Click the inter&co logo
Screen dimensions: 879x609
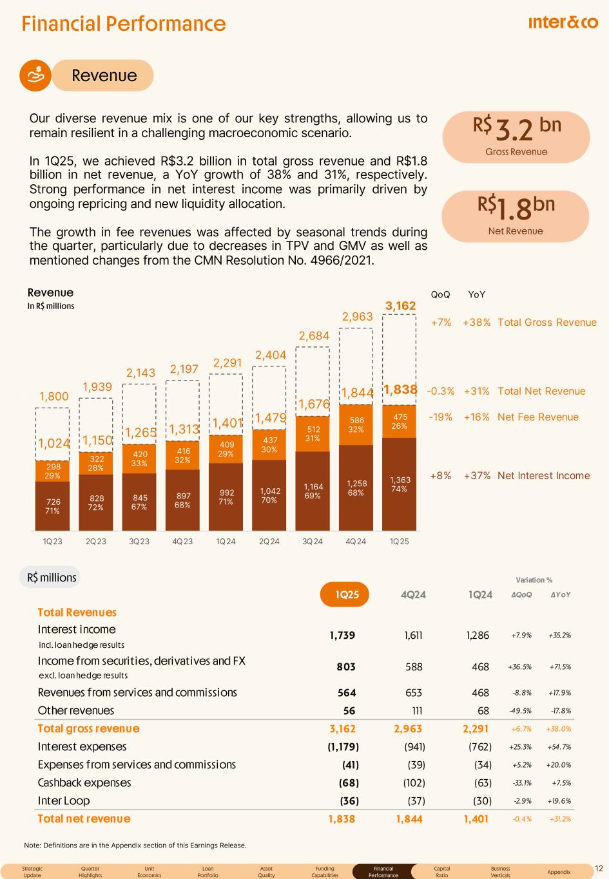point(563,23)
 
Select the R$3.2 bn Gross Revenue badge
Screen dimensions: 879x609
point(516,137)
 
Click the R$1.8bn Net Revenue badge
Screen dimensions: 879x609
point(516,216)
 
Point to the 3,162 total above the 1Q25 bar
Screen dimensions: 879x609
point(400,307)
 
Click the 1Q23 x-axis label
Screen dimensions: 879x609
point(52,542)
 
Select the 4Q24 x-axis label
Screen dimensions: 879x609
point(356,542)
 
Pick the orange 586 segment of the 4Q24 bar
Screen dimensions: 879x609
point(356,424)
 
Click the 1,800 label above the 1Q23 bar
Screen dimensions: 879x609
point(53,397)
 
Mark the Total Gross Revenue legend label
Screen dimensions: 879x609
point(547,323)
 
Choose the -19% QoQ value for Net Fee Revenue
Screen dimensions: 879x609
point(440,417)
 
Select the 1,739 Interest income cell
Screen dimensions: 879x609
point(342,636)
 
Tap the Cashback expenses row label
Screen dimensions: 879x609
point(84,783)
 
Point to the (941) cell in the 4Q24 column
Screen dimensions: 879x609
point(413,747)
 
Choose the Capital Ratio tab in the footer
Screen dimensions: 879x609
point(442,871)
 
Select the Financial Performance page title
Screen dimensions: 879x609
point(124,24)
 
